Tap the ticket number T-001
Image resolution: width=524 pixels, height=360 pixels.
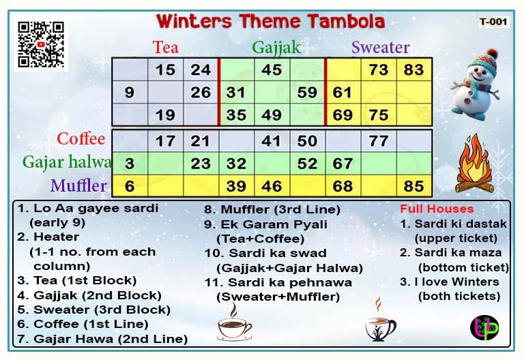[x=493, y=22]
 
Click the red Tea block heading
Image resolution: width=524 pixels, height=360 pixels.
[x=166, y=47]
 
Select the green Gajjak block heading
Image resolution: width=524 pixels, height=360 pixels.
[x=276, y=47]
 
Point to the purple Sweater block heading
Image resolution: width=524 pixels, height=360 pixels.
[x=380, y=47]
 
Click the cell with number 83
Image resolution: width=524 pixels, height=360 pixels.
[x=413, y=70]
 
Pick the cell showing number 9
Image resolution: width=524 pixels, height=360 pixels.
[x=130, y=92]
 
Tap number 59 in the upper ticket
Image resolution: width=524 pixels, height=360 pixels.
[x=307, y=92]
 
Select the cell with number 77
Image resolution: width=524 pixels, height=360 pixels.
[x=378, y=142]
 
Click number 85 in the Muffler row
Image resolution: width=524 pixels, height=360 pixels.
[x=413, y=185]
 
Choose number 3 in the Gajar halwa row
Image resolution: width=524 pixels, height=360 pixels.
[x=130, y=164]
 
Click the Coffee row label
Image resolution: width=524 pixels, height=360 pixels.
[x=81, y=139]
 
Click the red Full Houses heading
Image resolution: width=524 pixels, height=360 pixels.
[x=436, y=209]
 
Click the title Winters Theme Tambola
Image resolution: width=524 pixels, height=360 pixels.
[x=270, y=21]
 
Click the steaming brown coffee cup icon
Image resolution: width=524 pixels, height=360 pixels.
[x=234, y=322]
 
